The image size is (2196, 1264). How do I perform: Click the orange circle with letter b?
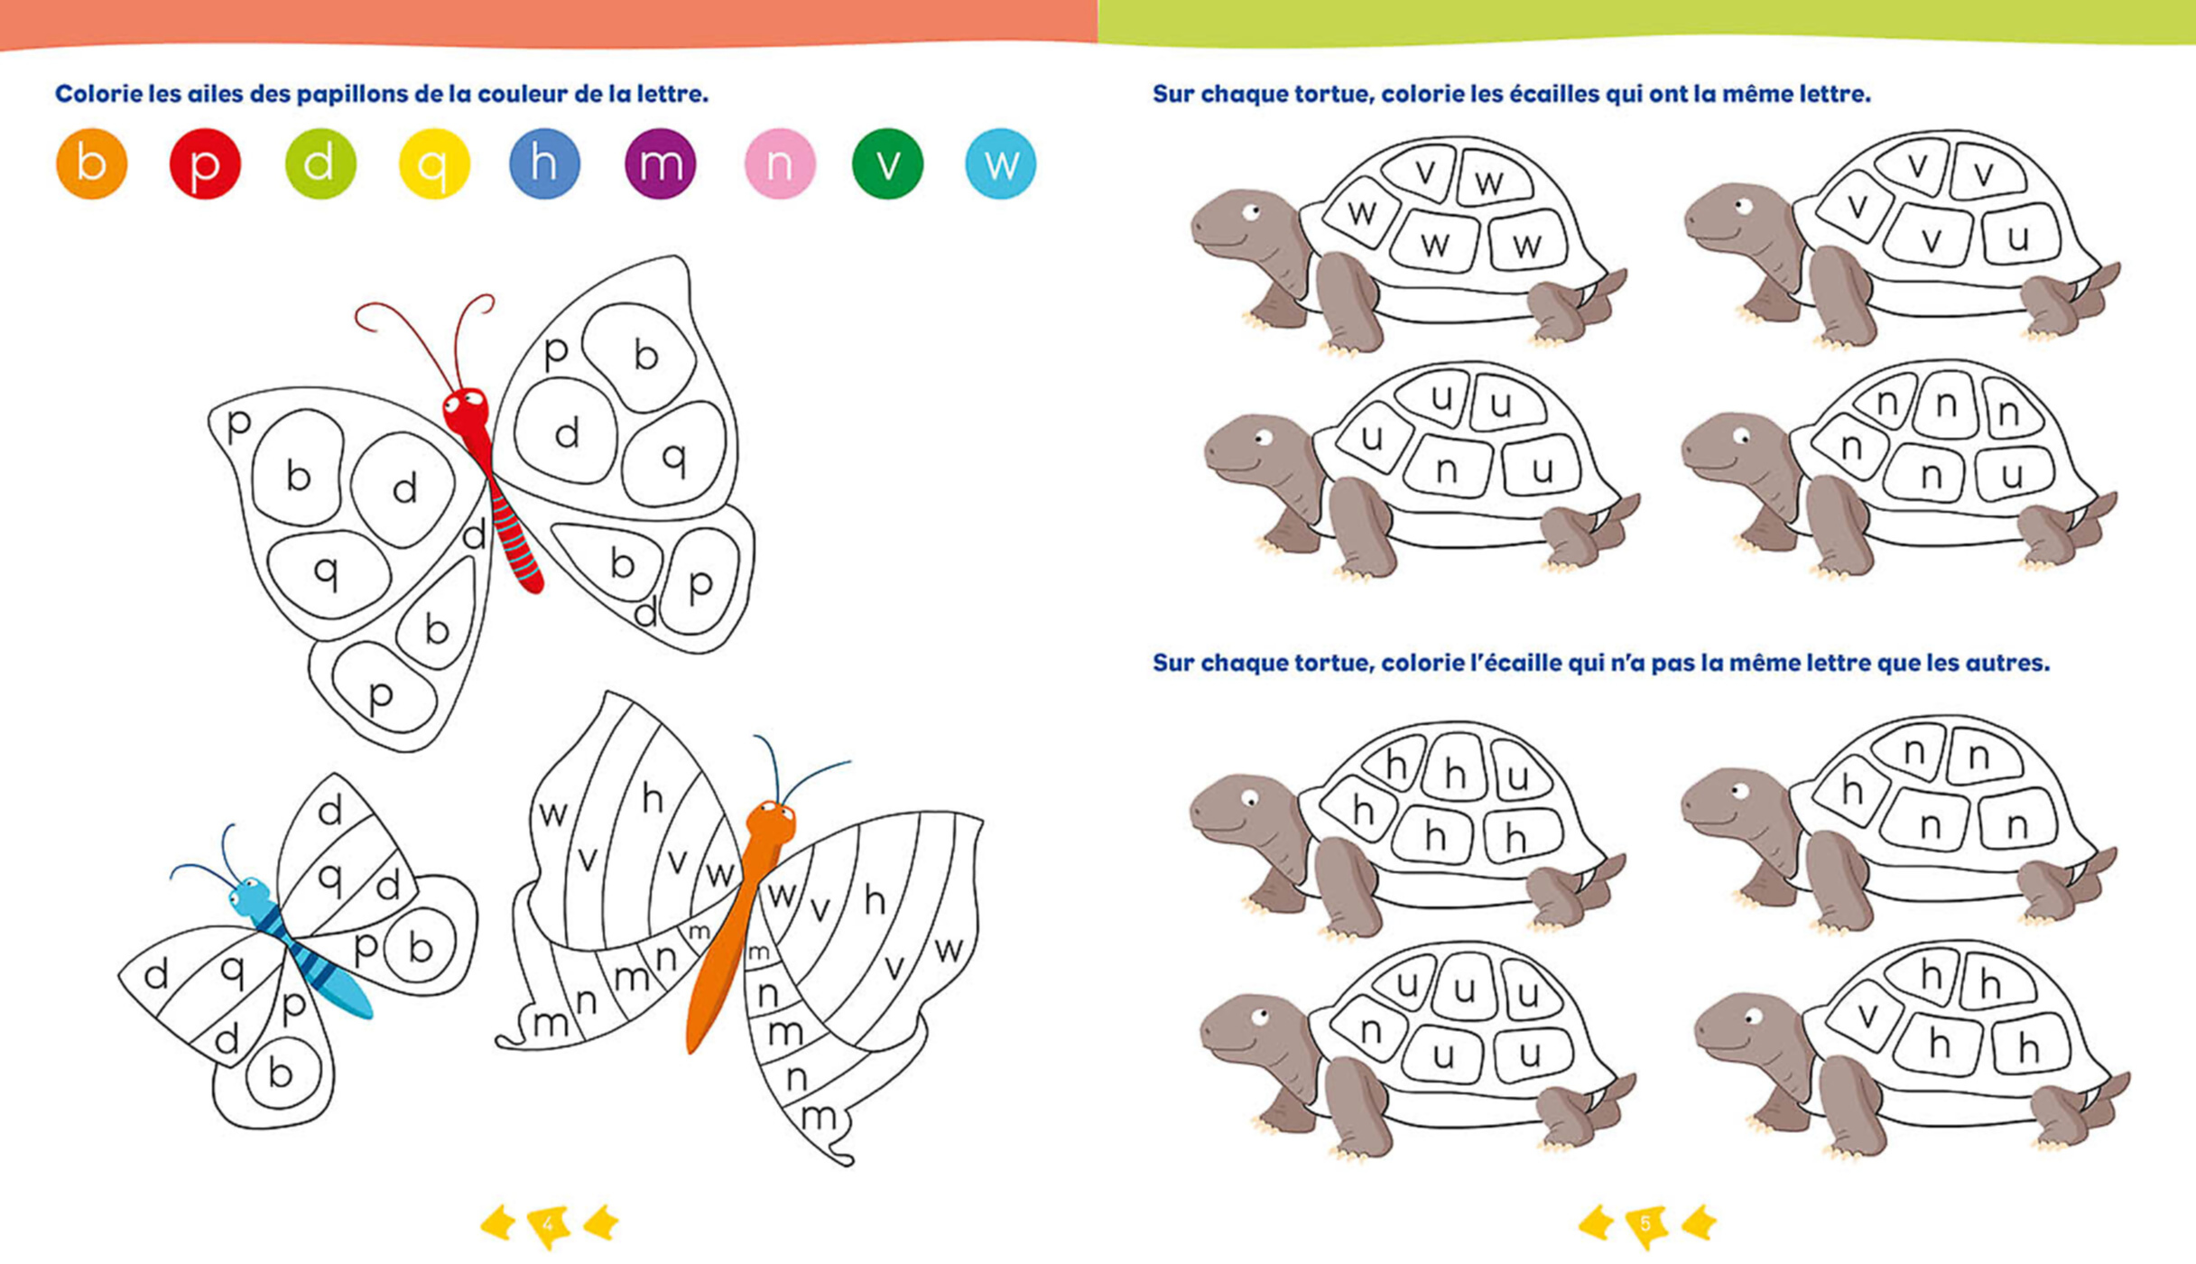click(91, 163)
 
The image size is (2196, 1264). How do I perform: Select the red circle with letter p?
click(205, 163)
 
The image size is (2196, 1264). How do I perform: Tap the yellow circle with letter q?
click(434, 163)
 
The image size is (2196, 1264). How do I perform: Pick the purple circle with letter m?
click(660, 163)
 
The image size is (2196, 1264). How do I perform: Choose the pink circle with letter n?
click(780, 163)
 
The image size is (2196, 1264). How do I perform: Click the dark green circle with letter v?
click(887, 163)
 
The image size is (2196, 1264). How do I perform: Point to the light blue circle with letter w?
click(1000, 163)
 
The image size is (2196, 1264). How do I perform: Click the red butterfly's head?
click(466, 411)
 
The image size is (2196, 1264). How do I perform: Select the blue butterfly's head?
click(250, 897)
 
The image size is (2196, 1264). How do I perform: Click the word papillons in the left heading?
click(346, 94)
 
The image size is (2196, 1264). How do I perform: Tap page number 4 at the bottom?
click(548, 1224)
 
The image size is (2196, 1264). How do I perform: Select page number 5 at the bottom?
click(1645, 1224)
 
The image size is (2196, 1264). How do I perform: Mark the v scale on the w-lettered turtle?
click(1424, 172)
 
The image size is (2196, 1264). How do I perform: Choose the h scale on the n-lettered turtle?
click(1852, 791)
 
